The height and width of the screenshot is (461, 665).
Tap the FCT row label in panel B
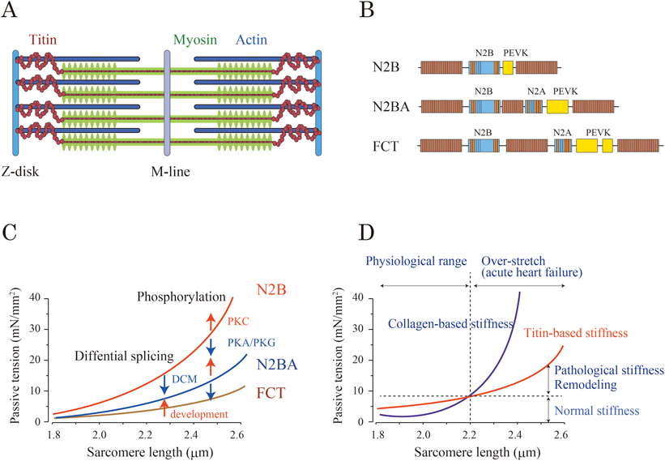[x=385, y=147]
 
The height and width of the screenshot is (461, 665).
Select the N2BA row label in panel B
[x=386, y=106]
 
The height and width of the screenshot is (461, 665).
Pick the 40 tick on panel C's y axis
[x=33, y=298]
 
